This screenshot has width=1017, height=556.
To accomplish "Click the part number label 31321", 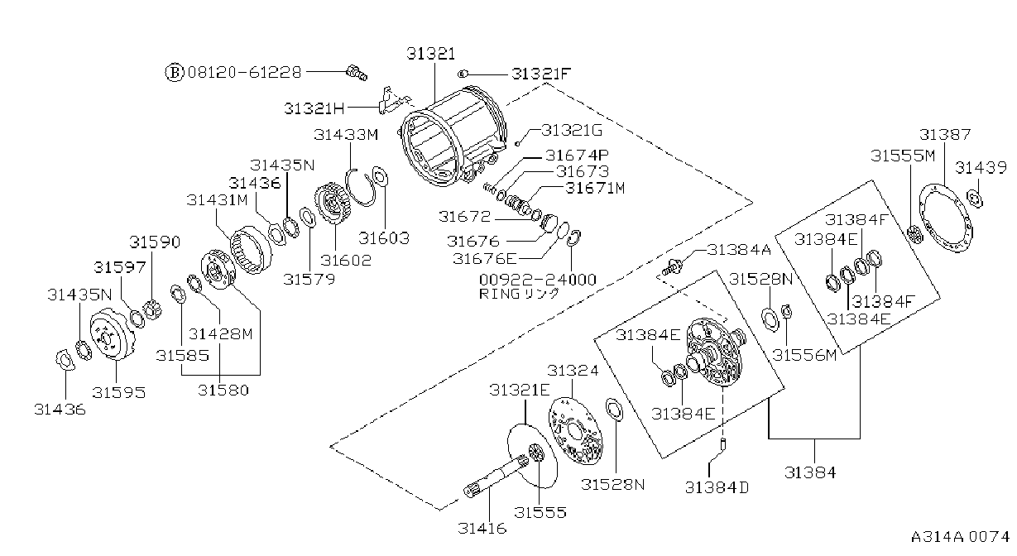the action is (430, 54).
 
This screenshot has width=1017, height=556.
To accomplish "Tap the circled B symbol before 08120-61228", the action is (174, 72).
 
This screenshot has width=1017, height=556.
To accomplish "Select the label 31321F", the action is (541, 74).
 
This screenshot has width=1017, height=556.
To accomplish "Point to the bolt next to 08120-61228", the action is (357, 73).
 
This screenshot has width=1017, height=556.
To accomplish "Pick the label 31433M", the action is (346, 135).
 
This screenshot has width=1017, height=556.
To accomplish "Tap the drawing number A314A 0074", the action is (960, 537).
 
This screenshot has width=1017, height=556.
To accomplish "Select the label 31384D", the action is (717, 487).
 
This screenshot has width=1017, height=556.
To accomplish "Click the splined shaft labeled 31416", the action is (497, 478).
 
